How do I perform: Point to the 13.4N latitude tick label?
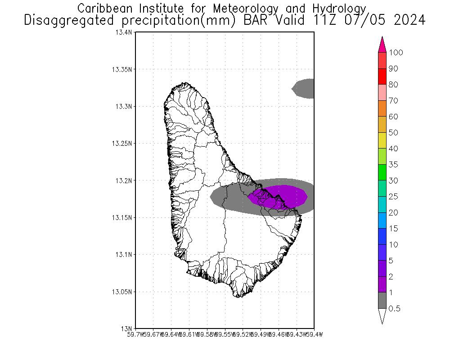tap(124, 32)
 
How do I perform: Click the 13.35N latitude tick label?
tap(122, 69)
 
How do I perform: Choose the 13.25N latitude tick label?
tap(122, 144)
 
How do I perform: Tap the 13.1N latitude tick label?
tap(124, 255)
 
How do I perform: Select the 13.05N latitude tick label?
tap(122, 292)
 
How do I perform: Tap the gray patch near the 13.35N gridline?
tap(304, 88)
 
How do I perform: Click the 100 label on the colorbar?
tap(396, 53)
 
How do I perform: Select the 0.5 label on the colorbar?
tap(395, 309)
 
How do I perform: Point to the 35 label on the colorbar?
tap(393, 165)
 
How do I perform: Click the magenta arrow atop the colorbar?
tap(382, 44)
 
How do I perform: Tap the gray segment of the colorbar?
tap(382, 300)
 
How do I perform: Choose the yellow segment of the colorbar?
tap(382, 140)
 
